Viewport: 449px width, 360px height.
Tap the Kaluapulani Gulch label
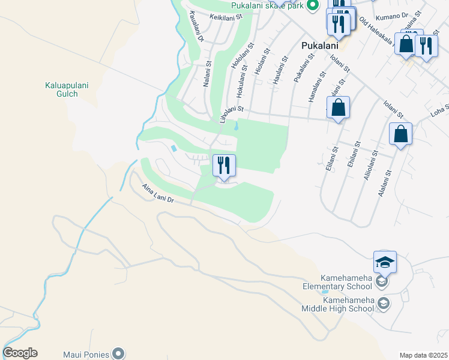[67, 89]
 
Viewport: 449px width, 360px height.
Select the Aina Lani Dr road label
[158, 193]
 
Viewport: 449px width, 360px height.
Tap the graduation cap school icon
[384, 261]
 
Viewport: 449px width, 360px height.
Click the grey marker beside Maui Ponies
[119, 353]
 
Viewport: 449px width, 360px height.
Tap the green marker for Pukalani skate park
[312, 6]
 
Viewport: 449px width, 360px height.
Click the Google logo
[20, 353]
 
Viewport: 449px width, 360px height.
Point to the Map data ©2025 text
[423, 355]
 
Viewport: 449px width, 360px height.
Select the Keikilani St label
[225, 17]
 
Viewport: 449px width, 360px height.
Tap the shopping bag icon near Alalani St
[400, 134]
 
